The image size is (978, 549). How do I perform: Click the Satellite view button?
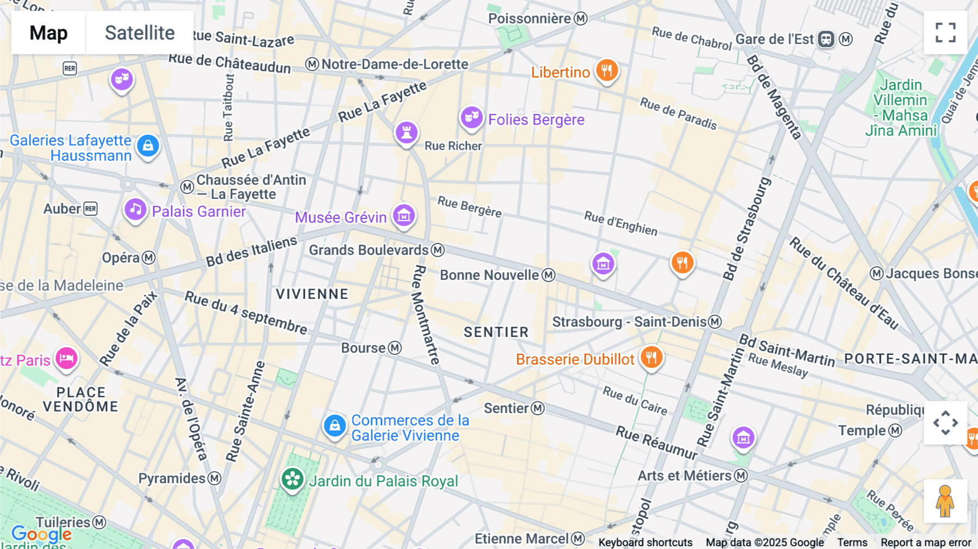[x=140, y=33]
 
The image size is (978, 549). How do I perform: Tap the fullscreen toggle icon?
[x=945, y=33]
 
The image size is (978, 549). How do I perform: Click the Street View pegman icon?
[x=945, y=501]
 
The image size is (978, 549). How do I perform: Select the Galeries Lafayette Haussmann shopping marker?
[x=148, y=146]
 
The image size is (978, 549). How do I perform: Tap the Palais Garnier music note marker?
[x=135, y=209]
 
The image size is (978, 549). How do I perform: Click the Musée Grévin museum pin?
[x=404, y=216]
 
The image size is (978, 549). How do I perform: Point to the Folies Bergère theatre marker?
[x=472, y=117]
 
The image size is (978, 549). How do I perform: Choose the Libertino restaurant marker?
[x=607, y=71]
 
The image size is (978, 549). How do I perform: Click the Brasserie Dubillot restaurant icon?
[x=651, y=357]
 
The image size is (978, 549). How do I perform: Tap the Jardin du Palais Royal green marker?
[x=292, y=479]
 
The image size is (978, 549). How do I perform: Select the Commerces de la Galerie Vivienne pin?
[x=335, y=426]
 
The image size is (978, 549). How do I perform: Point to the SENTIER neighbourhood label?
[x=496, y=332]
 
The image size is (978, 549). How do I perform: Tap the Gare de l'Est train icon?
[x=826, y=39]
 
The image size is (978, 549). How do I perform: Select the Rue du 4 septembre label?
[x=246, y=313]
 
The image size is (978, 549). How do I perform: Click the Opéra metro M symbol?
[x=149, y=258]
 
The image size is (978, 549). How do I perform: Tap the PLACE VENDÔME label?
[x=80, y=400]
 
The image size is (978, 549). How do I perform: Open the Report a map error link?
[x=925, y=542]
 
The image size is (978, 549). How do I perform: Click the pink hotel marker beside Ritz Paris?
[x=66, y=358]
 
